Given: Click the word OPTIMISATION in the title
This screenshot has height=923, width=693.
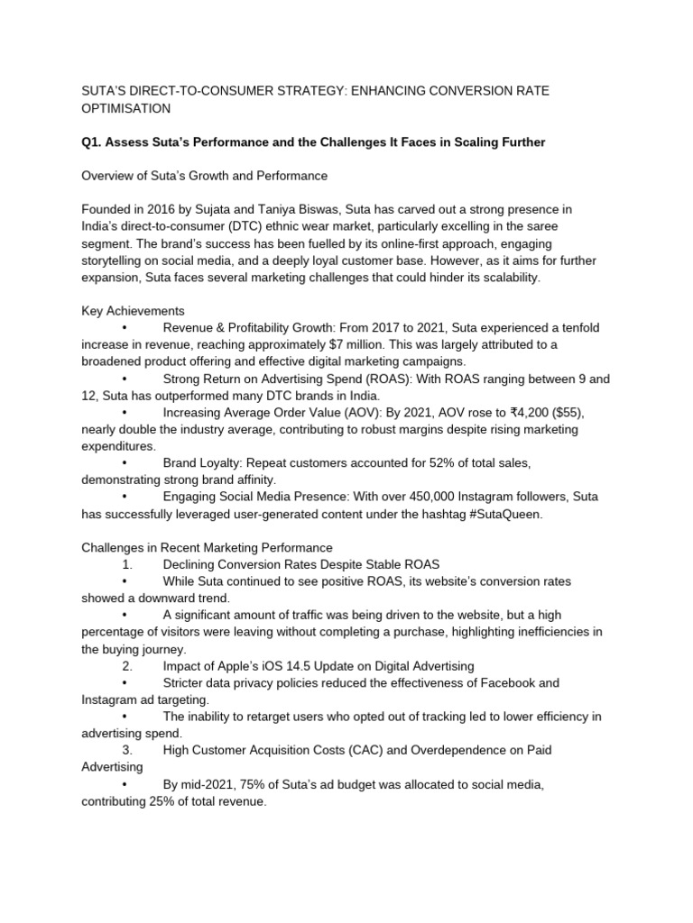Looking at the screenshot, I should [125, 108].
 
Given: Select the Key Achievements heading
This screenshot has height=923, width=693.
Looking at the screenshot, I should [133, 311].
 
